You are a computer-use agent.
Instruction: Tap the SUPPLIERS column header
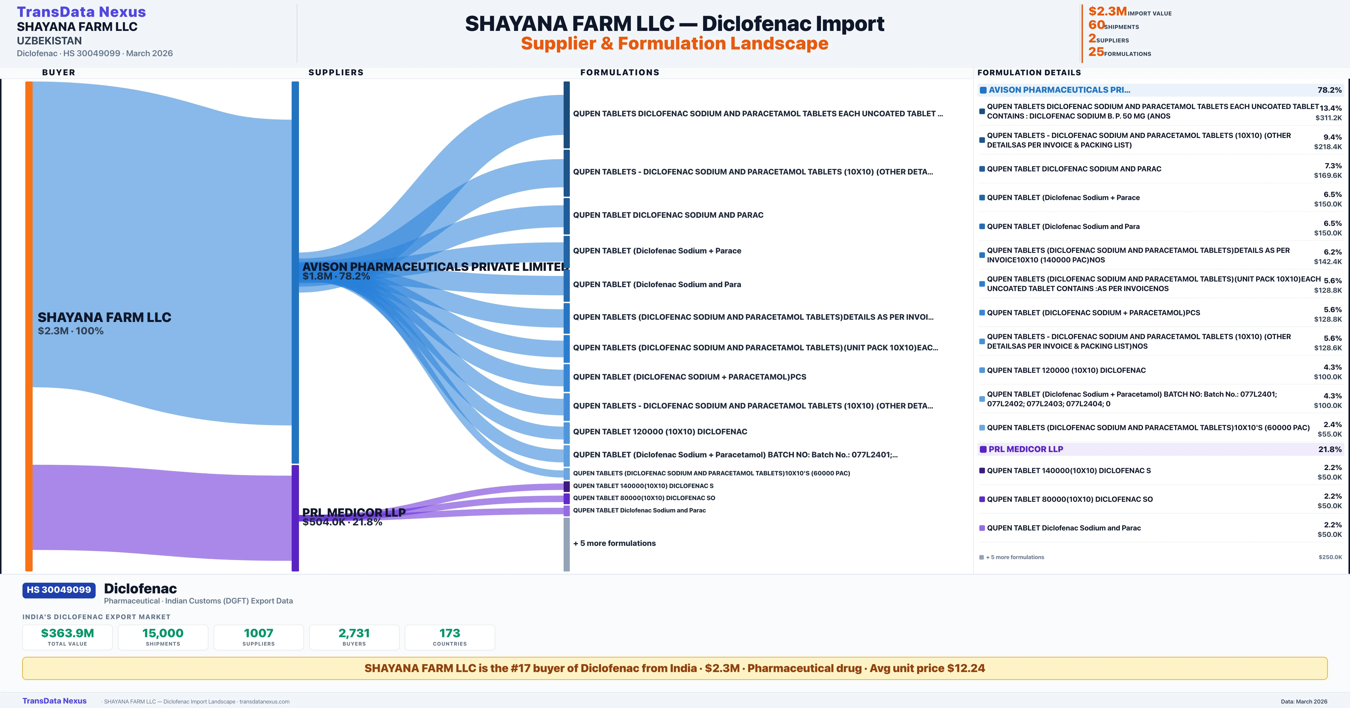[x=336, y=72]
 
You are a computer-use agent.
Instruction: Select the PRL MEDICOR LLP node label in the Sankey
[x=354, y=512]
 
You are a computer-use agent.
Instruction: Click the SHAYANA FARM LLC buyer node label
[x=104, y=317]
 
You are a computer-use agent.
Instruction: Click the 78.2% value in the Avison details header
[x=1329, y=90]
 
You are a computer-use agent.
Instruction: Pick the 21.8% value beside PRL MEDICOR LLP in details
[x=1329, y=449]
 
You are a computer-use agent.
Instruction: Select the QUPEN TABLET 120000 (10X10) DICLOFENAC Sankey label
[x=660, y=432]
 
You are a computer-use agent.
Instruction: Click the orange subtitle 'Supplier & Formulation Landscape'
[x=674, y=44]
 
